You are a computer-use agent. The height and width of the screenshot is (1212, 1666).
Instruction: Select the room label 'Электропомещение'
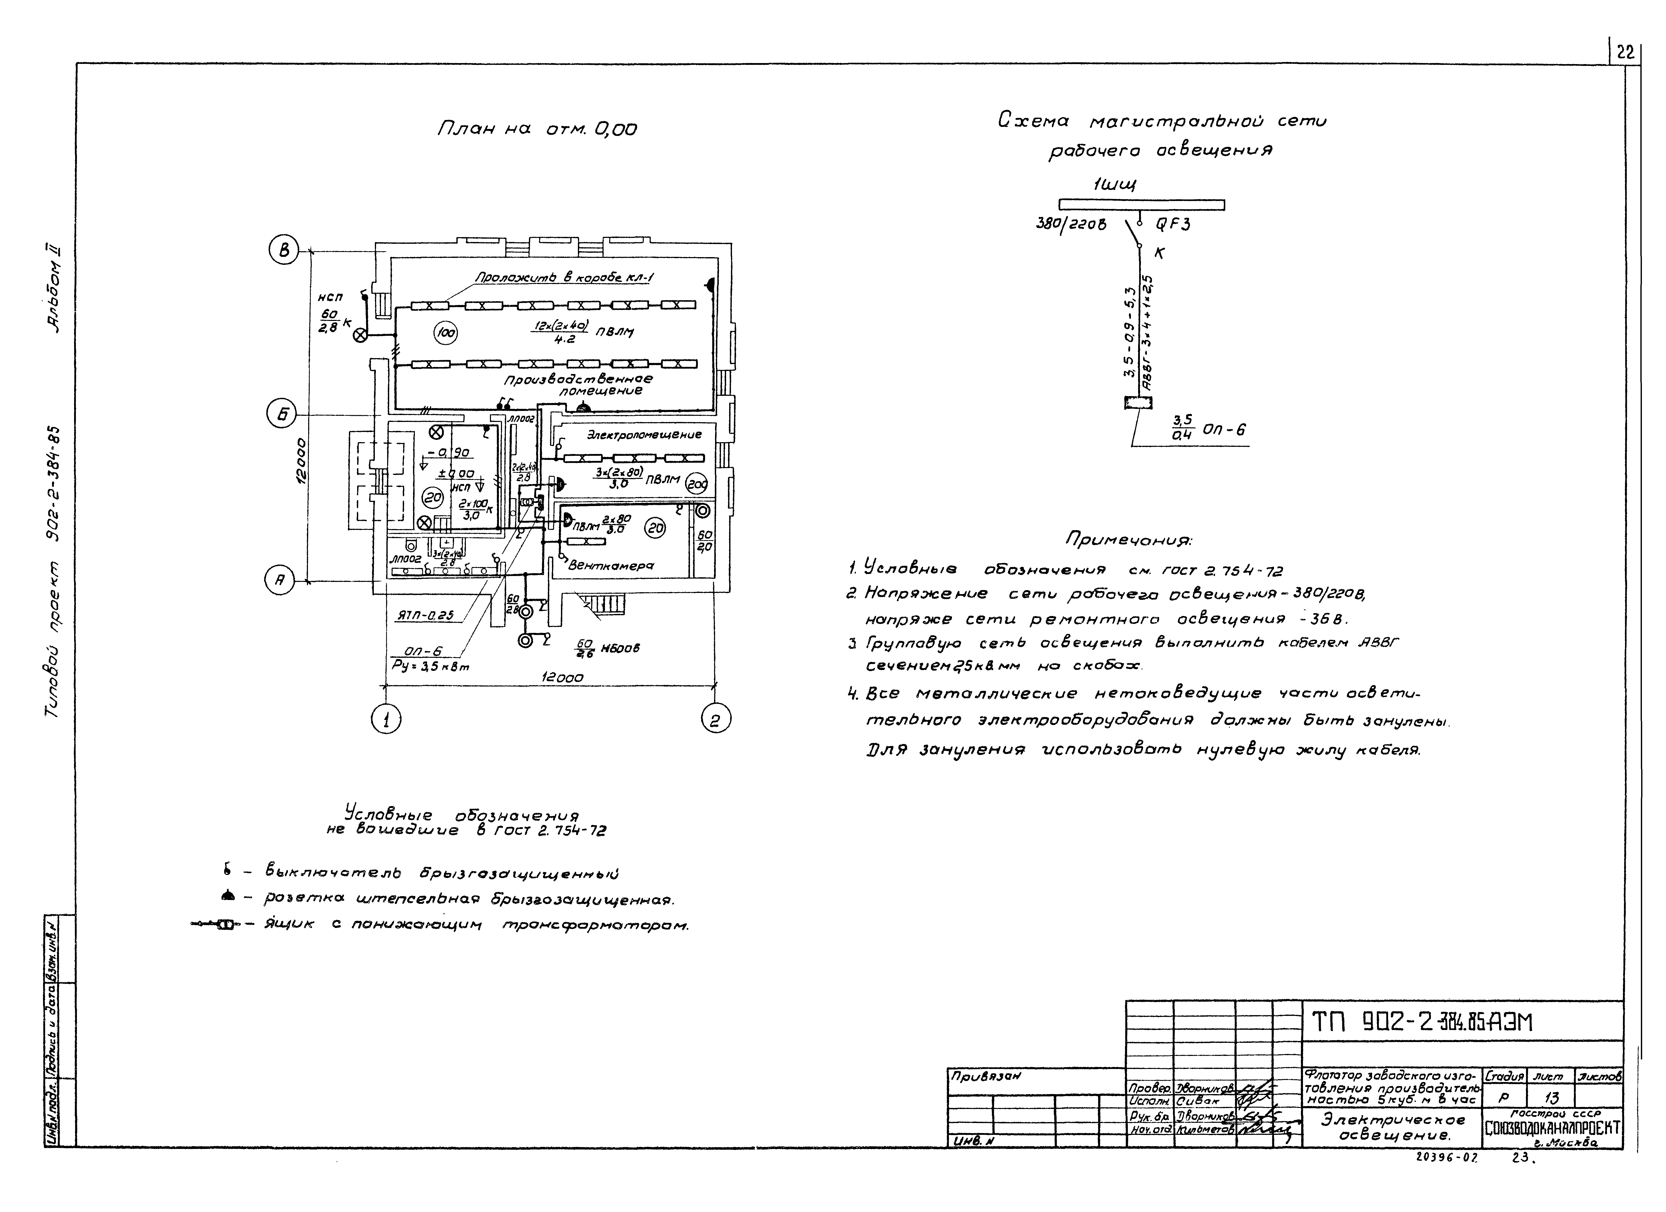point(644,434)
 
